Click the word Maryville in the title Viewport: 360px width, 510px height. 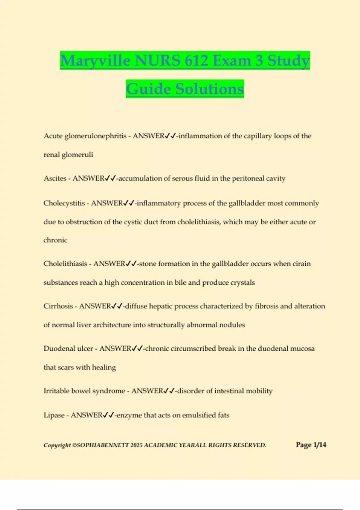coord(95,61)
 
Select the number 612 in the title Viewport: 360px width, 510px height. coord(196,61)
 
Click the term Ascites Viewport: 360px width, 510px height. coord(55,178)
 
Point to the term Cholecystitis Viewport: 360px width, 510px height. coord(64,203)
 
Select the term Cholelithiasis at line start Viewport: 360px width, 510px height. coord(65,264)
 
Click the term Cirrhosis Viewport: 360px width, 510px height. coord(58,306)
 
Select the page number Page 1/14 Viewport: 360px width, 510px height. coord(311,445)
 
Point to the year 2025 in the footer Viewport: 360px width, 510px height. coord(136,445)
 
